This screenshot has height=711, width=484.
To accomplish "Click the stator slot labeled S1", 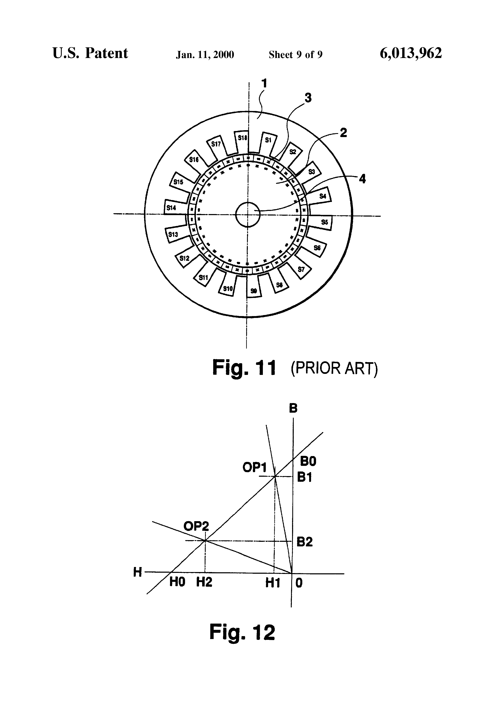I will [x=268, y=140].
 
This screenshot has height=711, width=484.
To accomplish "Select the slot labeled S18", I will [x=242, y=138].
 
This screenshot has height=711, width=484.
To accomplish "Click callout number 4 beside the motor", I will [x=362, y=179].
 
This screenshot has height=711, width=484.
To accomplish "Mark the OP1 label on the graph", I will [x=255, y=468].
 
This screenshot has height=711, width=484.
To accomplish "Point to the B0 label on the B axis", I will [x=308, y=461].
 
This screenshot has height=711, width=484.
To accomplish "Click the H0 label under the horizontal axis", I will [x=177, y=582].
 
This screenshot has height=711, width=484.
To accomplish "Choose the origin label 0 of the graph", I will [x=299, y=583].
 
